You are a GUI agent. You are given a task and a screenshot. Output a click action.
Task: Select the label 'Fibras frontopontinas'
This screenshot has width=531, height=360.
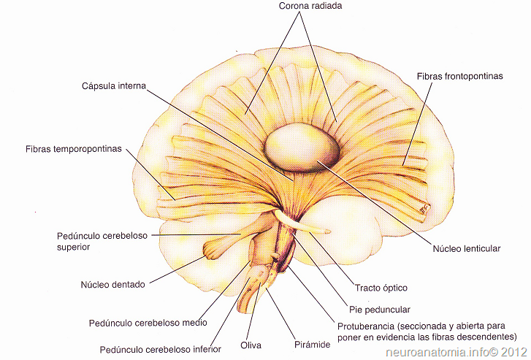(x=459, y=76)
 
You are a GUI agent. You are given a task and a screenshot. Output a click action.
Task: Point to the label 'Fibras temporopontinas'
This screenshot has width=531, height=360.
(x=72, y=149)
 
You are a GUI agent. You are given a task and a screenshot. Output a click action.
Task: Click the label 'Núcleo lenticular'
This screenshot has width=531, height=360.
(x=467, y=248)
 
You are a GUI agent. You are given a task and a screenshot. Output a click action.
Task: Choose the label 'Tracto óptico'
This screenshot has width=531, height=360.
(x=381, y=288)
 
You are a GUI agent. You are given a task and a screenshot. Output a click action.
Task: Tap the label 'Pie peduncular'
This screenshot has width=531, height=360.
(x=381, y=310)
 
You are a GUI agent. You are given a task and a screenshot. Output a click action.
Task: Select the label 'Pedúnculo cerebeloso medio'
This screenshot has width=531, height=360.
(x=148, y=322)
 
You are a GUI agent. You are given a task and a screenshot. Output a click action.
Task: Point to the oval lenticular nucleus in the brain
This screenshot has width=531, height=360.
(x=302, y=148)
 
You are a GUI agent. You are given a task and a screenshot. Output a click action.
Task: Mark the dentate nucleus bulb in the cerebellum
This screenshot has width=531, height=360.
(x=215, y=248)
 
